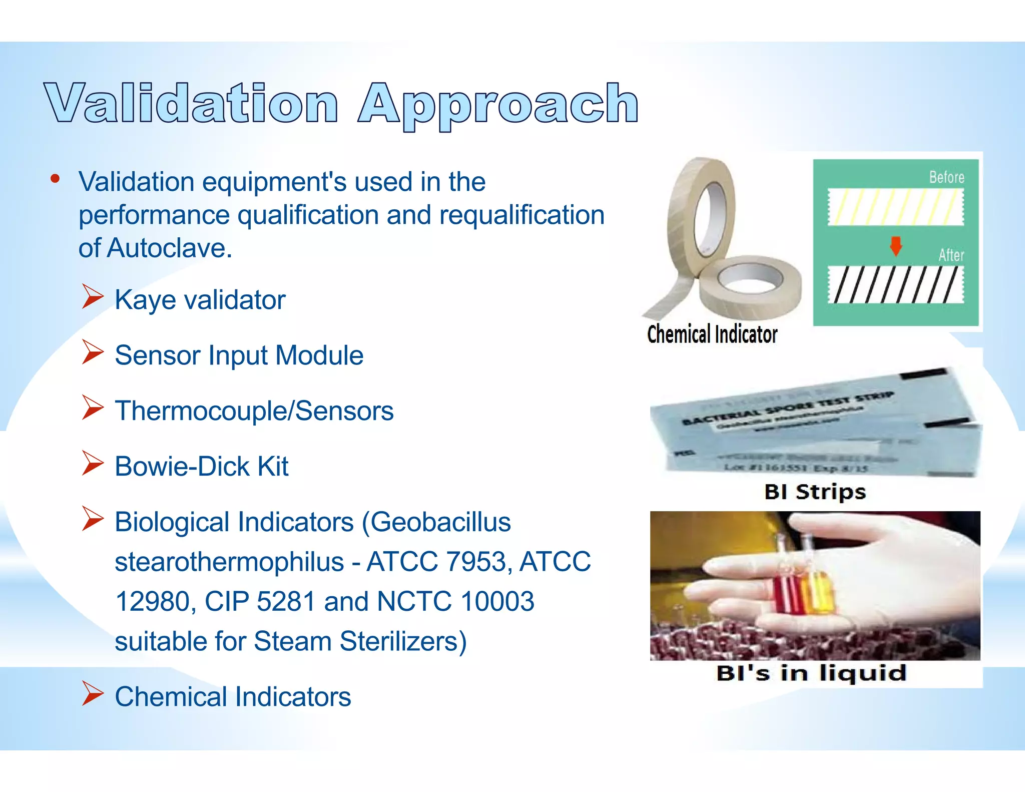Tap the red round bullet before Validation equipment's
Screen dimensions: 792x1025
(x=55, y=179)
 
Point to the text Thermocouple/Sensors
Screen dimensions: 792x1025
(x=254, y=411)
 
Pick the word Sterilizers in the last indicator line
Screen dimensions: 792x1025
(x=398, y=641)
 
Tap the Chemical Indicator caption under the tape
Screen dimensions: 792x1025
(x=712, y=334)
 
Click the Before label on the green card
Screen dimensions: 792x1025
(x=946, y=177)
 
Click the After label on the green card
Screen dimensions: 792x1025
(x=950, y=255)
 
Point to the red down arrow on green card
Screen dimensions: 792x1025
(x=895, y=246)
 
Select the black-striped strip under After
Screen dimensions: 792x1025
(x=895, y=284)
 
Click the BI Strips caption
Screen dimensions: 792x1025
(x=815, y=492)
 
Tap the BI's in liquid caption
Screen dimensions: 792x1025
(x=811, y=673)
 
